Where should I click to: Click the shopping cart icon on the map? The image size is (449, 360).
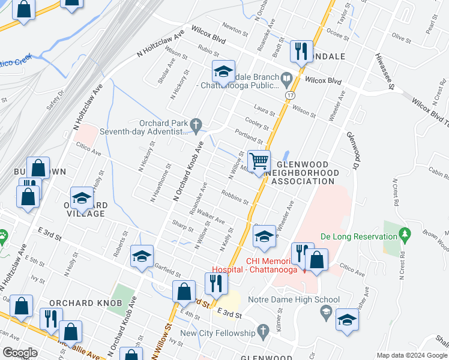coord(259,161)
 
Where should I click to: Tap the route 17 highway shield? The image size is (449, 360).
coord(291,95)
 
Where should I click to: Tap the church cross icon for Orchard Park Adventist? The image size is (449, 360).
coord(195,124)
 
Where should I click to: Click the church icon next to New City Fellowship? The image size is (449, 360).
coord(262,331)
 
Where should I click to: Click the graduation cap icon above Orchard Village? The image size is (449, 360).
coord(82,197)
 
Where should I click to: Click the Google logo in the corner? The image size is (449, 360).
coord(20,353)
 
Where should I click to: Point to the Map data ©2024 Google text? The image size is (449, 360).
coord(411,355)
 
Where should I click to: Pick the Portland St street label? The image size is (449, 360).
coord(249,136)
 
